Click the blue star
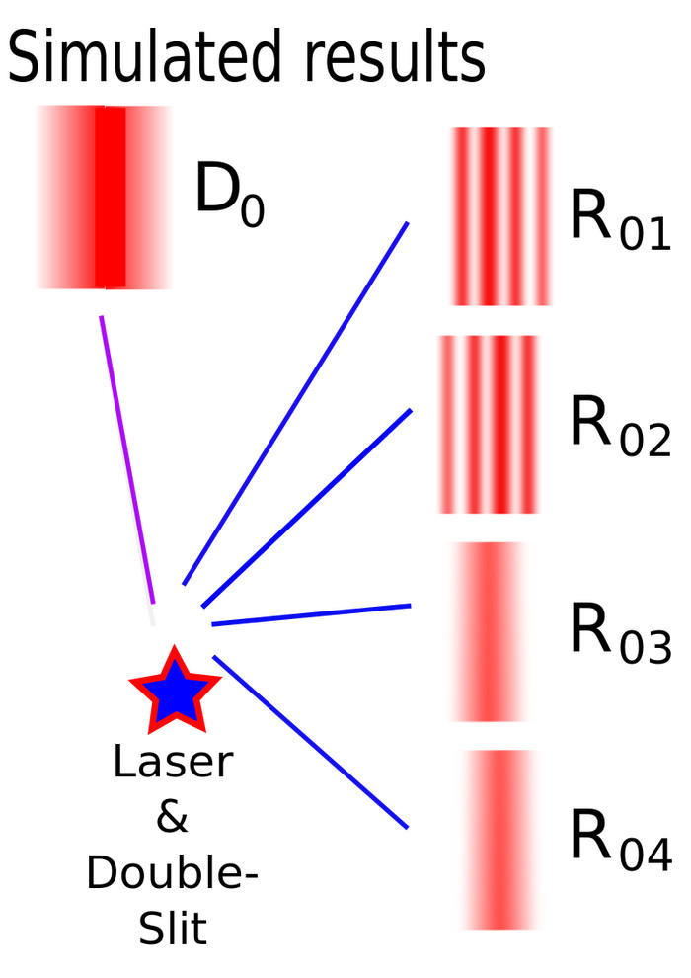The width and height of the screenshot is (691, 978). pyautogui.click(x=174, y=690)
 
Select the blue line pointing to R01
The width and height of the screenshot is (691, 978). pyautogui.click(x=296, y=401)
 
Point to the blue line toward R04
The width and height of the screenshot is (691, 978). pyautogui.click(x=310, y=740)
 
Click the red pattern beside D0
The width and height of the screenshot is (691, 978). pyautogui.click(x=107, y=198)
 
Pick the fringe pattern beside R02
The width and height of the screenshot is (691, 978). pyautogui.click(x=489, y=425)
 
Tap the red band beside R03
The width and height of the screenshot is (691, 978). pyautogui.click(x=489, y=632)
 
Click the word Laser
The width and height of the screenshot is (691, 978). pyautogui.click(x=173, y=762)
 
